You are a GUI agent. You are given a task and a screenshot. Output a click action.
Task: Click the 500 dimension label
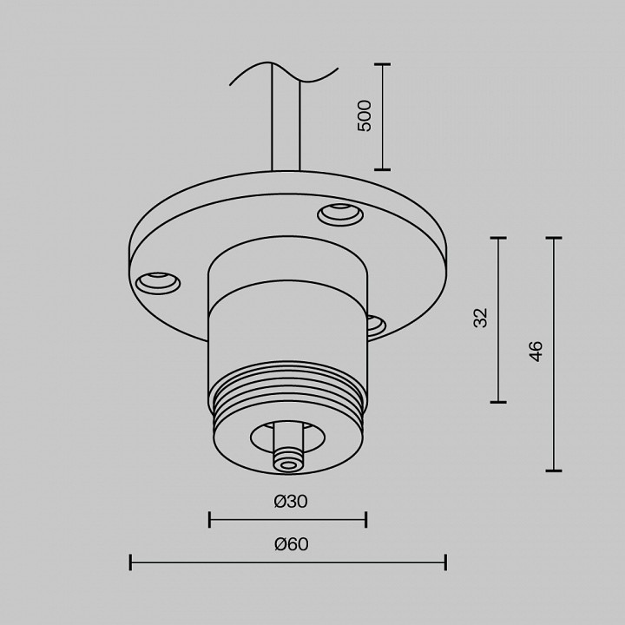pyautogui.click(x=365, y=115)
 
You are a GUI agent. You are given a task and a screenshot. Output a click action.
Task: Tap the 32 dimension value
pyautogui.click(x=481, y=318)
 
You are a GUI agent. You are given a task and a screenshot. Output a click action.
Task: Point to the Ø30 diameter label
pyautogui.click(x=290, y=501)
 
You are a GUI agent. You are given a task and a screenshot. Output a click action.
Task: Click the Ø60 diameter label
pyautogui.click(x=291, y=544)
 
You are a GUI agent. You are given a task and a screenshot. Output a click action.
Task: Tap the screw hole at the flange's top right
pyautogui.click(x=339, y=212)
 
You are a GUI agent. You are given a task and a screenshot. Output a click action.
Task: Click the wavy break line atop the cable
pyautogui.click(x=283, y=73)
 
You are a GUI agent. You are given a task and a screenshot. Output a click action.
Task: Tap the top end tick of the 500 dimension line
pyautogui.click(x=382, y=64)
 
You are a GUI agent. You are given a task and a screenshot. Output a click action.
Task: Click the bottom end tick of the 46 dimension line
pyautogui.click(x=553, y=470)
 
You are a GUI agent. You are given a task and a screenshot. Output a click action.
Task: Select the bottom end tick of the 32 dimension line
pyautogui.click(x=498, y=402)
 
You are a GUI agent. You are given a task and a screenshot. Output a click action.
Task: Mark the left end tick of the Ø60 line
pyautogui.click(x=130, y=562)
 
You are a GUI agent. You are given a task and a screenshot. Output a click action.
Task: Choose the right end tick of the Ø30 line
pyautogui.click(x=365, y=520)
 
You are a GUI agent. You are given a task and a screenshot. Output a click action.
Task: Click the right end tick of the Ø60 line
pyautogui.click(x=445, y=562)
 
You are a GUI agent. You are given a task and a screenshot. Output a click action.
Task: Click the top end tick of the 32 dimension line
pyautogui.click(x=498, y=237)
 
